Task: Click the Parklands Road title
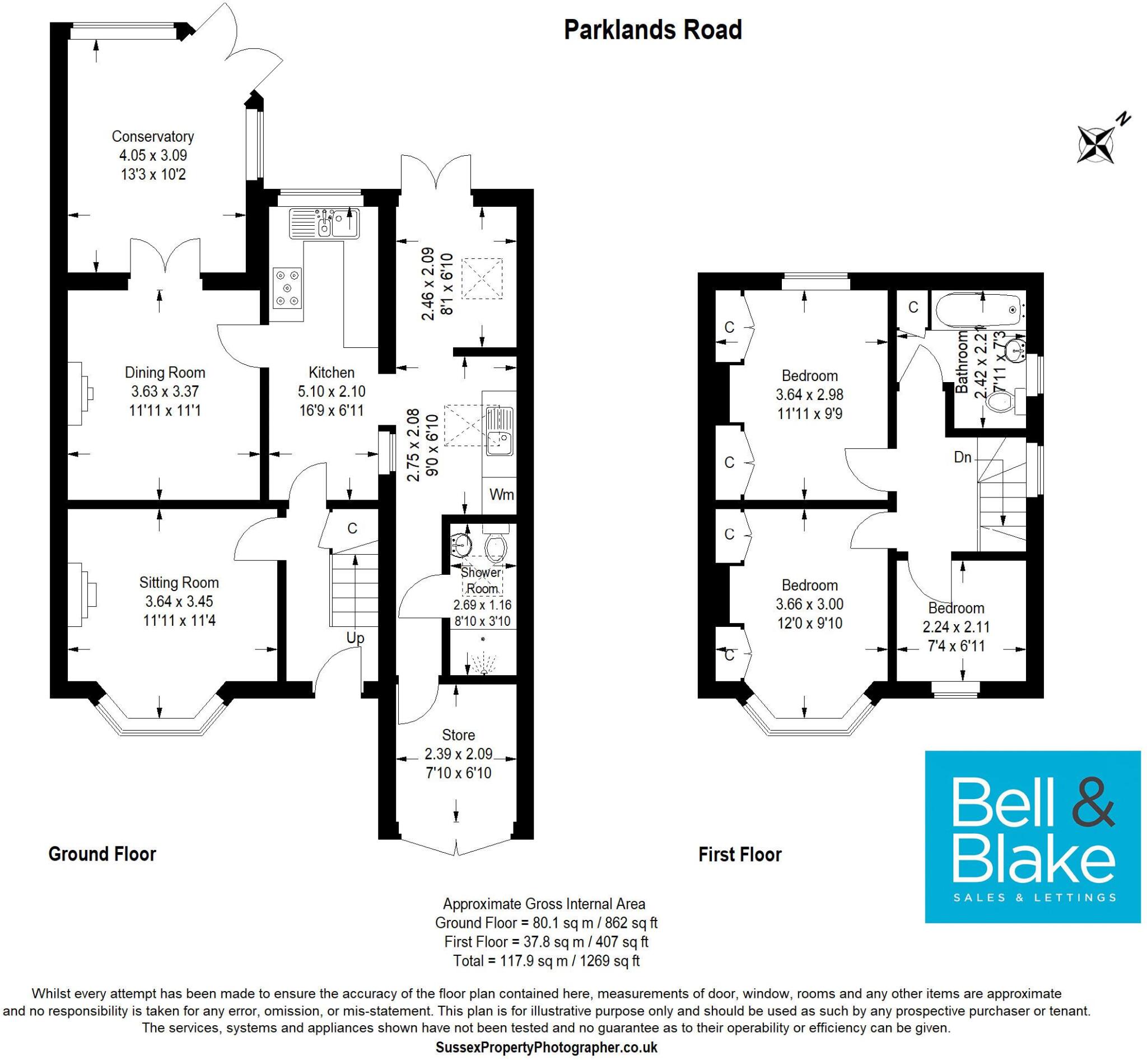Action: (652, 30)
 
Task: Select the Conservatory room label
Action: (152, 137)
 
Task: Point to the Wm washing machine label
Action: (501, 495)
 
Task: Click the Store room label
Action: (458, 735)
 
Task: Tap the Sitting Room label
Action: (179, 583)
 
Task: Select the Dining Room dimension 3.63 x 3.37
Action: (165, 392)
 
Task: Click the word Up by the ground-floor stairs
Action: (355, 638)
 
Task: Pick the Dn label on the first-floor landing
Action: (962, 457)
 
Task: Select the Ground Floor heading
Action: (102, 854)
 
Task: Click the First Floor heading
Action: (740, 854)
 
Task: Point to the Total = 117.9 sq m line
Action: (546, 960)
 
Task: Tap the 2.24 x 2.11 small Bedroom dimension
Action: (956, 627)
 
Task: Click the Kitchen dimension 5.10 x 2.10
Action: (332, 392)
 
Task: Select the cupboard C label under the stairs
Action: (352, 528)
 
